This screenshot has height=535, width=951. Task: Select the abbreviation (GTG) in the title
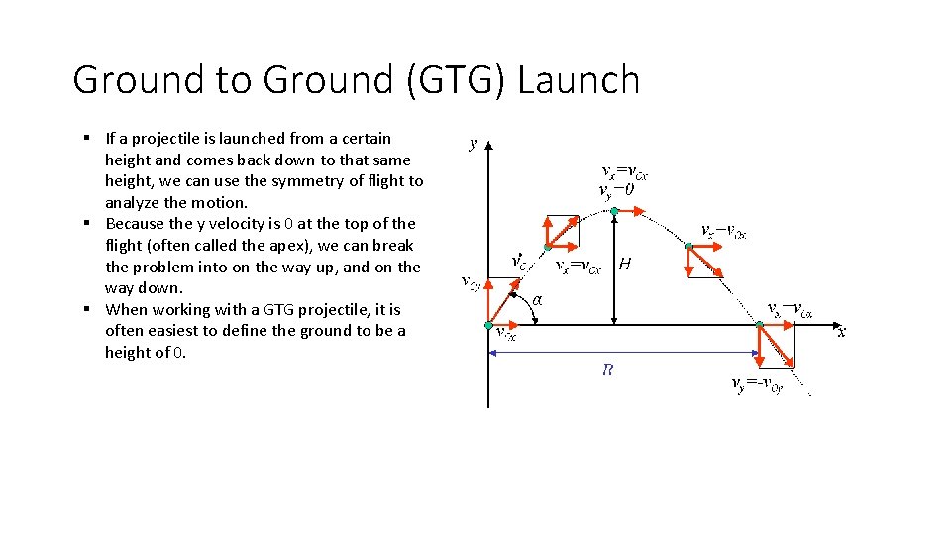coord(452,80)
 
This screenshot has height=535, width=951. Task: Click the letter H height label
coord(625,265)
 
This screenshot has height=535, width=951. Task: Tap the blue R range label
coord(608,371)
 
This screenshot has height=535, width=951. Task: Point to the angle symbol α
coord(537,300)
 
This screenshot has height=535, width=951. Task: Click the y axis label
coord(474,143)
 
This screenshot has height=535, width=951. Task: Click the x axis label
coord(842,333)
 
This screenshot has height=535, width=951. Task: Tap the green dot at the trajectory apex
coord(614,211)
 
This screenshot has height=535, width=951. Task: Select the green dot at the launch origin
coord(488,325)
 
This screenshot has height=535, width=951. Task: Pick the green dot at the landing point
coord(759,325)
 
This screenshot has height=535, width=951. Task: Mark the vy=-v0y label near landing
coord(757,384)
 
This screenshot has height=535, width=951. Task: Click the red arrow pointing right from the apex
coord(634,211)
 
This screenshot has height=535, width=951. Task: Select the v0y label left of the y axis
coord(472,282)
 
